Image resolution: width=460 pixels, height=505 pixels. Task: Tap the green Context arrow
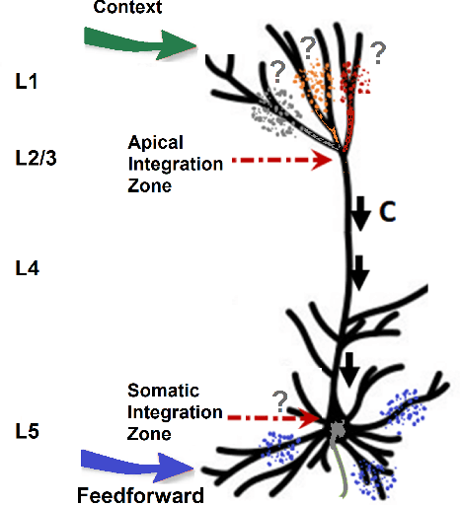point(137,42)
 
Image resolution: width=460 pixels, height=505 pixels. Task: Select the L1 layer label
point(27,85)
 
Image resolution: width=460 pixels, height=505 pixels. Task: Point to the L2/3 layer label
point(36,157)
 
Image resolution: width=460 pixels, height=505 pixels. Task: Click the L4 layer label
point(27,267)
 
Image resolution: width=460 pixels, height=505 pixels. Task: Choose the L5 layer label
point(27,430)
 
